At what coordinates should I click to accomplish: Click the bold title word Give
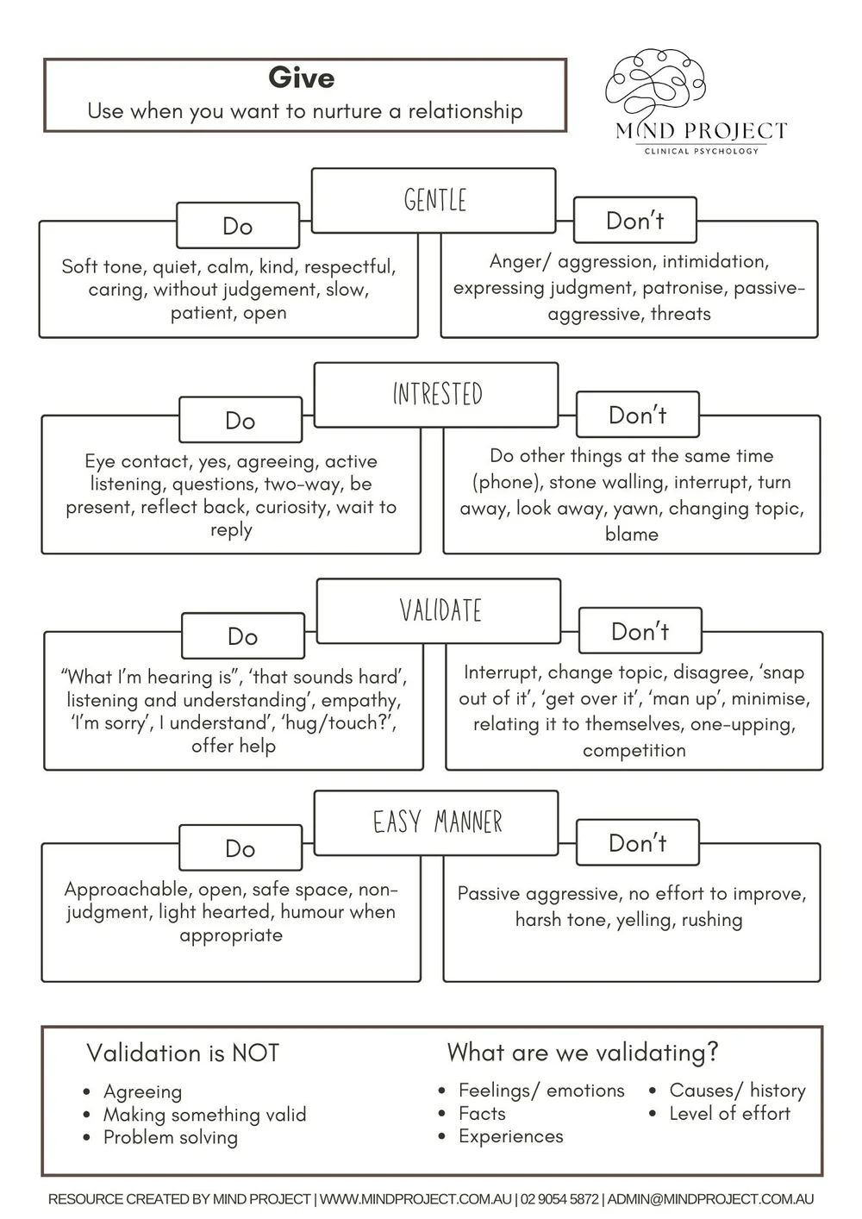pos(302,78)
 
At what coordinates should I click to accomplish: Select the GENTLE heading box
pos(434,200)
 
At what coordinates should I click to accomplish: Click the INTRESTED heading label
pos(438,394)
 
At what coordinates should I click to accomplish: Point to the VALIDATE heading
pos(440,610)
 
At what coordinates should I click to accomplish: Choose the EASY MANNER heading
pos(438,822)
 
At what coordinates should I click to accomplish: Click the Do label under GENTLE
pos(238,226)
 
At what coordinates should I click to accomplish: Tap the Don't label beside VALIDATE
pos(640,631)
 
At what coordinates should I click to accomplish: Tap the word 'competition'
pos(634,750)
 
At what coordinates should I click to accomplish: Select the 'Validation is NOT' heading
pos(183,1053)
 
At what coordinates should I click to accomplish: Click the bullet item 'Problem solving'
pos(171,1137)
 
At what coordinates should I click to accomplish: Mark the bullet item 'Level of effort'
pos(729,1114)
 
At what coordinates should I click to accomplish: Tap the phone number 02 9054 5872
pos(559,1199)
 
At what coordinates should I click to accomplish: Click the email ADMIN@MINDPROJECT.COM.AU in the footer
pos(710,1199)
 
